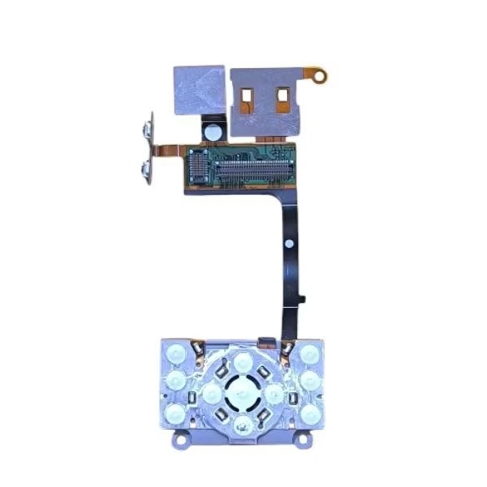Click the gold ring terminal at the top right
tap(321, 79)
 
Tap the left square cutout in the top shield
tap(248, 97)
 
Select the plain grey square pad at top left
tap(198, 87)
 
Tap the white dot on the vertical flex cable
tap(289, 244)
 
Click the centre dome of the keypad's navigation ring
tap(244, 391)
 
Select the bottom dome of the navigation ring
tap(244, 423)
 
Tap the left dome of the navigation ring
tap(211, 393)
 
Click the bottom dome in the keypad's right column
tap(309, 413)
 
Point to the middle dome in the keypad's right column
tap(311, 381)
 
